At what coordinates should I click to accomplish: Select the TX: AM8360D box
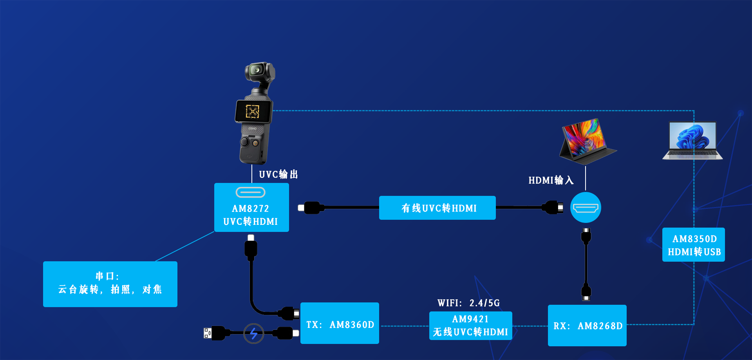[x=340, y=324]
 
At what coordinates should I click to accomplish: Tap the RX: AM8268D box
[x=587, y=326]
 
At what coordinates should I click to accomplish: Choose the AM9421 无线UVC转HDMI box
[x=470, y=326]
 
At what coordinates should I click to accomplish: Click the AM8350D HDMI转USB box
[x=694, y=245]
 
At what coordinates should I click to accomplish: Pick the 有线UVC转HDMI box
[x=437, y=208]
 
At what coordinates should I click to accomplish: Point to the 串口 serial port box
[x=110, y=284]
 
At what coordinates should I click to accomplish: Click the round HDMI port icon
[x=586, y=208]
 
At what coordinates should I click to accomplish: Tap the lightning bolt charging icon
[x=254, y=333]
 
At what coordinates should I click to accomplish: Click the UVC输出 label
[x=278, y=174]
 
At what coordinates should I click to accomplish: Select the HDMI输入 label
[x=551, y=180]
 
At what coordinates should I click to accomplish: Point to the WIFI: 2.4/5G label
[x=468, y=303]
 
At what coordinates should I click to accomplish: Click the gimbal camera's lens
[x=257, y=70]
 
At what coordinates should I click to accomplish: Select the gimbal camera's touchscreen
[x=253, y=112]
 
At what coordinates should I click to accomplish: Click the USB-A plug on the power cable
[x=208, y=333]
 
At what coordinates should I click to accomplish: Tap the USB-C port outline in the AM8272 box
[x=251, y=192]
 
